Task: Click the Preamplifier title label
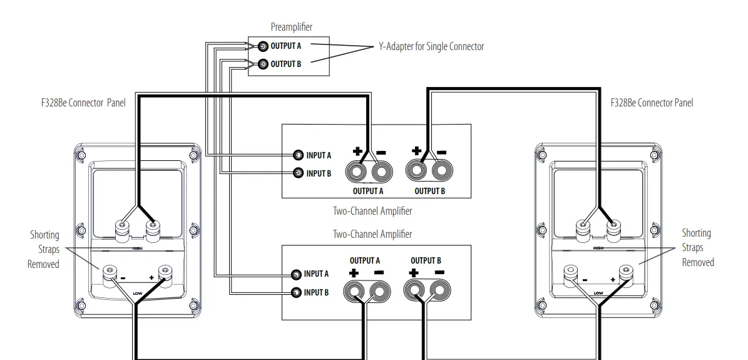291,27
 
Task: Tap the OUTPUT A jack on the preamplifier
263,46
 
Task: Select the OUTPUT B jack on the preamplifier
263,64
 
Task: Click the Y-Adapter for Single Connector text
431,46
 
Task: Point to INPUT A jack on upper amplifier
299,155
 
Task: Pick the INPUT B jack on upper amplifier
299,173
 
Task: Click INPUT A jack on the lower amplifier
297,274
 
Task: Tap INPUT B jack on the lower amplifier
297,292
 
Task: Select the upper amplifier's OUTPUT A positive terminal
360,170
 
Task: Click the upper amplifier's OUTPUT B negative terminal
441,170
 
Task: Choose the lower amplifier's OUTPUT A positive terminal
354,291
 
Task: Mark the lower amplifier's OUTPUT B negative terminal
438,291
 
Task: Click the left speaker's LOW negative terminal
111,271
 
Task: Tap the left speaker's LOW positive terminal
165,271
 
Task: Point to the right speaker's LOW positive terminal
625,272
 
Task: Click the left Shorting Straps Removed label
44,249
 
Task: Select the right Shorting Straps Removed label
697,248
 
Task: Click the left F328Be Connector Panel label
83,103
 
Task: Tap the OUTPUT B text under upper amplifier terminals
429,192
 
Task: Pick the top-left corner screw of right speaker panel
541,153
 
